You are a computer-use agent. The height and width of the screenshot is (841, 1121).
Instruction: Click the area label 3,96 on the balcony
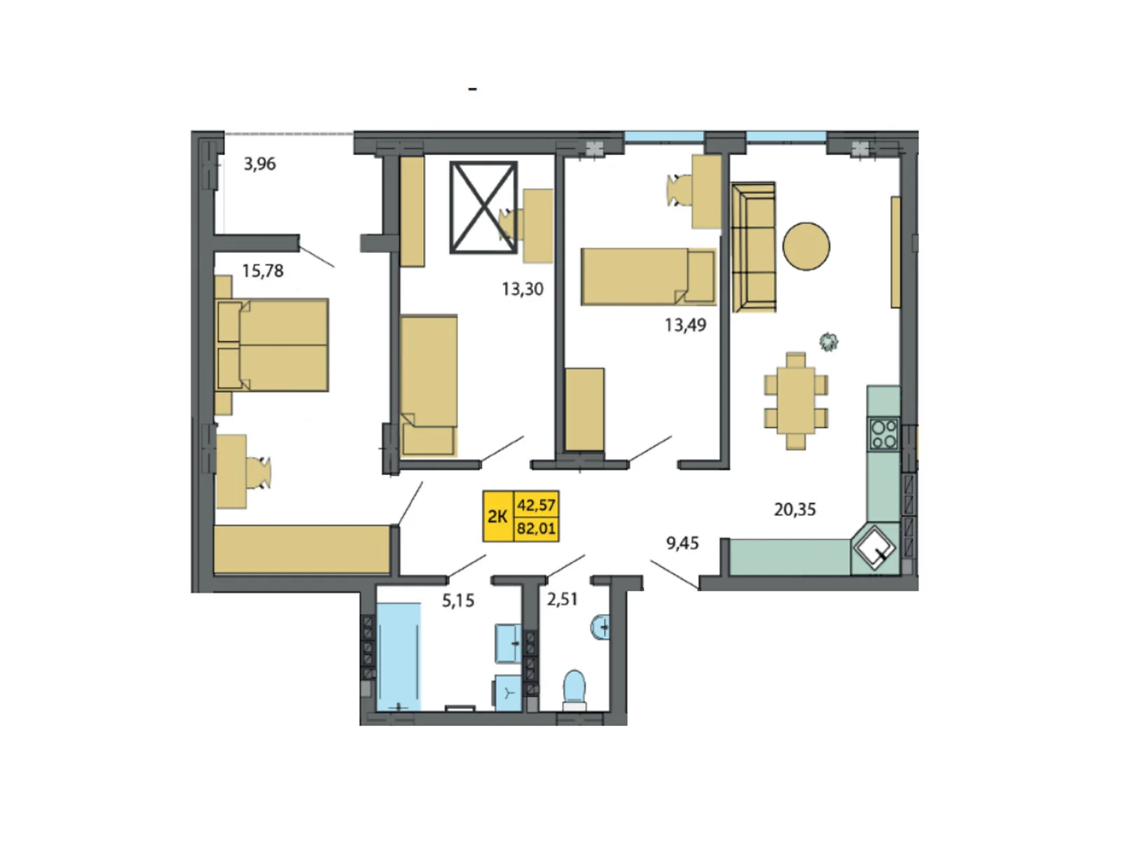click(x=259, y=164)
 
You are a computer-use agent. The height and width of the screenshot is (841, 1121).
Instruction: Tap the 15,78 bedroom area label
click(x=263, y=271)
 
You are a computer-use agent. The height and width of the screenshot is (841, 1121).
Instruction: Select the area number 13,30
click(x=522, y=289)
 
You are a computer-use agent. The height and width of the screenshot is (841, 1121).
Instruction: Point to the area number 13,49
click(x=685, y=324)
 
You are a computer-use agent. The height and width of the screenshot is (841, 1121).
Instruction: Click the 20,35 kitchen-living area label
click(x=795, y=510)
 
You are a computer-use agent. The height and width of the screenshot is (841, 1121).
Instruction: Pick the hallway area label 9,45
click(x=682, y=543)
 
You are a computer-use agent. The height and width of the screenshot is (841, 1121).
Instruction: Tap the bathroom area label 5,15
click(x=458, y=601)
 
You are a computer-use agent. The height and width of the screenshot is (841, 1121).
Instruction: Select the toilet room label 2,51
click(x=562, y=599)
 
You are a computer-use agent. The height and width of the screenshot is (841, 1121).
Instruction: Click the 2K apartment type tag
click(x=497, y=517)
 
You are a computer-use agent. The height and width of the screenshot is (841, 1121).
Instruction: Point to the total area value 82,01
click(x=536, y=528)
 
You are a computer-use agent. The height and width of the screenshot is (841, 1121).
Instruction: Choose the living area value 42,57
click(x=536, y=505)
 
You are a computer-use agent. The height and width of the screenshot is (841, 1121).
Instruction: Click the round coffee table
click(x=806, y=246)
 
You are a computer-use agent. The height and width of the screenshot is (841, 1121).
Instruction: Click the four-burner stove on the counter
click(x=883, y=433)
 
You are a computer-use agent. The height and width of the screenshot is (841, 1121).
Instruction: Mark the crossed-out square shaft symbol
click(x=483, y=207)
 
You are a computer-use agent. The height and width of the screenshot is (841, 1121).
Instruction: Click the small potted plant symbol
click(x=829, y=341)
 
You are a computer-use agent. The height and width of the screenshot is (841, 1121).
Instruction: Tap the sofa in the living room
click(x=753, y=247)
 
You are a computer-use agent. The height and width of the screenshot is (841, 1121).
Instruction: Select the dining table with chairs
click(x=796, y=401)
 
